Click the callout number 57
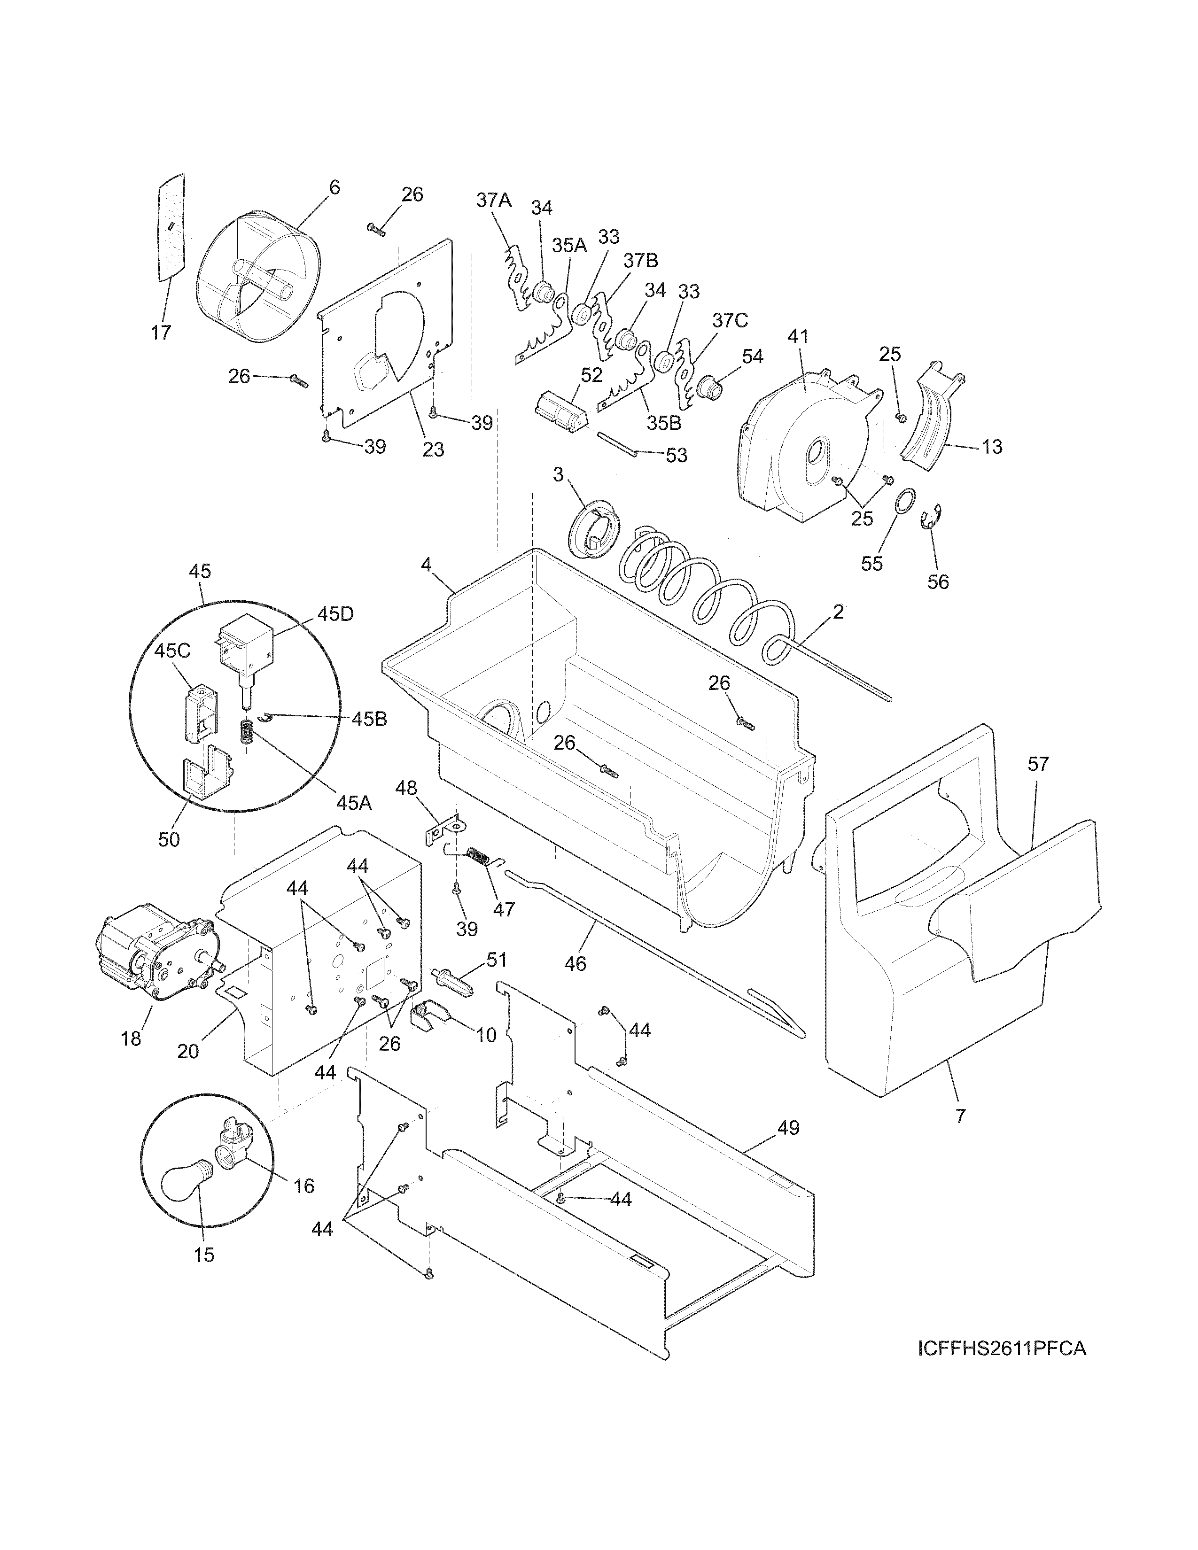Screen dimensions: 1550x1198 pos(1038,764)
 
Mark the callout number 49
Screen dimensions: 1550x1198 pos(788,1127)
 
